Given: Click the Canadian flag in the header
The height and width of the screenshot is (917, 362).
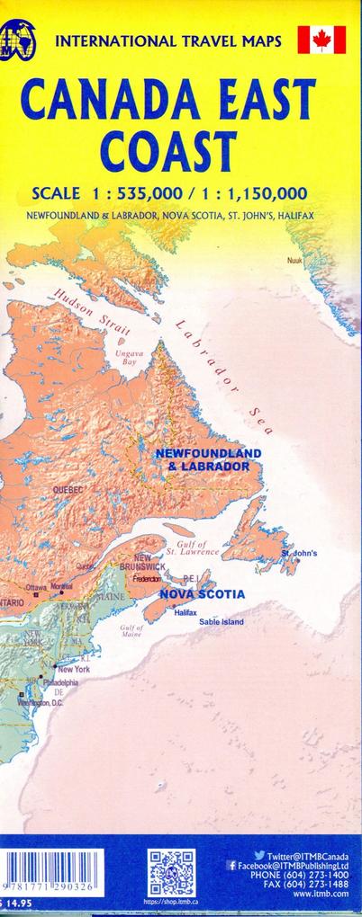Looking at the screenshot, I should click(x=322, y=40).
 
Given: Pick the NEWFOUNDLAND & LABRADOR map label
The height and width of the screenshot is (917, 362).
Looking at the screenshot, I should click(x=208, y=459).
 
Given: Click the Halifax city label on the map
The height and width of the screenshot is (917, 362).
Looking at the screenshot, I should click(x=186, y=612).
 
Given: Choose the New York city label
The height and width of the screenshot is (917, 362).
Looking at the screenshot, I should click(x=73, y=669).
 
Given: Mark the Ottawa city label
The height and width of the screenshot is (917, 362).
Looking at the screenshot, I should click(x=35, y=587).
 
